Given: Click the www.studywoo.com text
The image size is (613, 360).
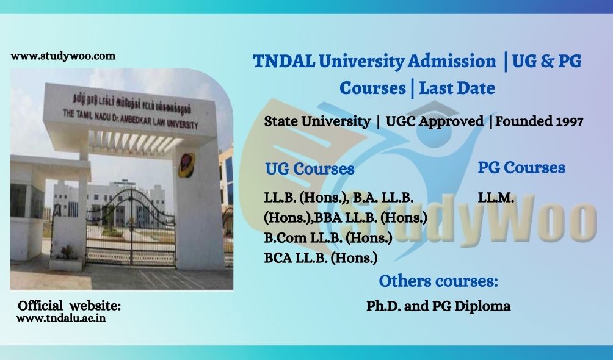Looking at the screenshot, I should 63,56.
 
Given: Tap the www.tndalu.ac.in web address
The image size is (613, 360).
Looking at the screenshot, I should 60,318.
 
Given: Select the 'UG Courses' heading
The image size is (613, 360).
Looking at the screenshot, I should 310,168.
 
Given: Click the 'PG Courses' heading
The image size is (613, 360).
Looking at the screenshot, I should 521,168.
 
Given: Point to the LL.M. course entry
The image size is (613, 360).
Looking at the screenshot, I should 496,198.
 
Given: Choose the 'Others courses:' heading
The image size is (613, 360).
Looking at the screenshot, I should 438,281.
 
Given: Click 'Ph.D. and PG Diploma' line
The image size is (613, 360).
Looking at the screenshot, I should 438,306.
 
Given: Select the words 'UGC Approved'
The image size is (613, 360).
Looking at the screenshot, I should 434,121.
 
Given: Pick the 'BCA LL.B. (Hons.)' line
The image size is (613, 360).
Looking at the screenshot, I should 321,257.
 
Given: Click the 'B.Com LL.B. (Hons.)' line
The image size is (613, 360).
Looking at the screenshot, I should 328,237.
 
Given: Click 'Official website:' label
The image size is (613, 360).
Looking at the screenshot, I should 70,305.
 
